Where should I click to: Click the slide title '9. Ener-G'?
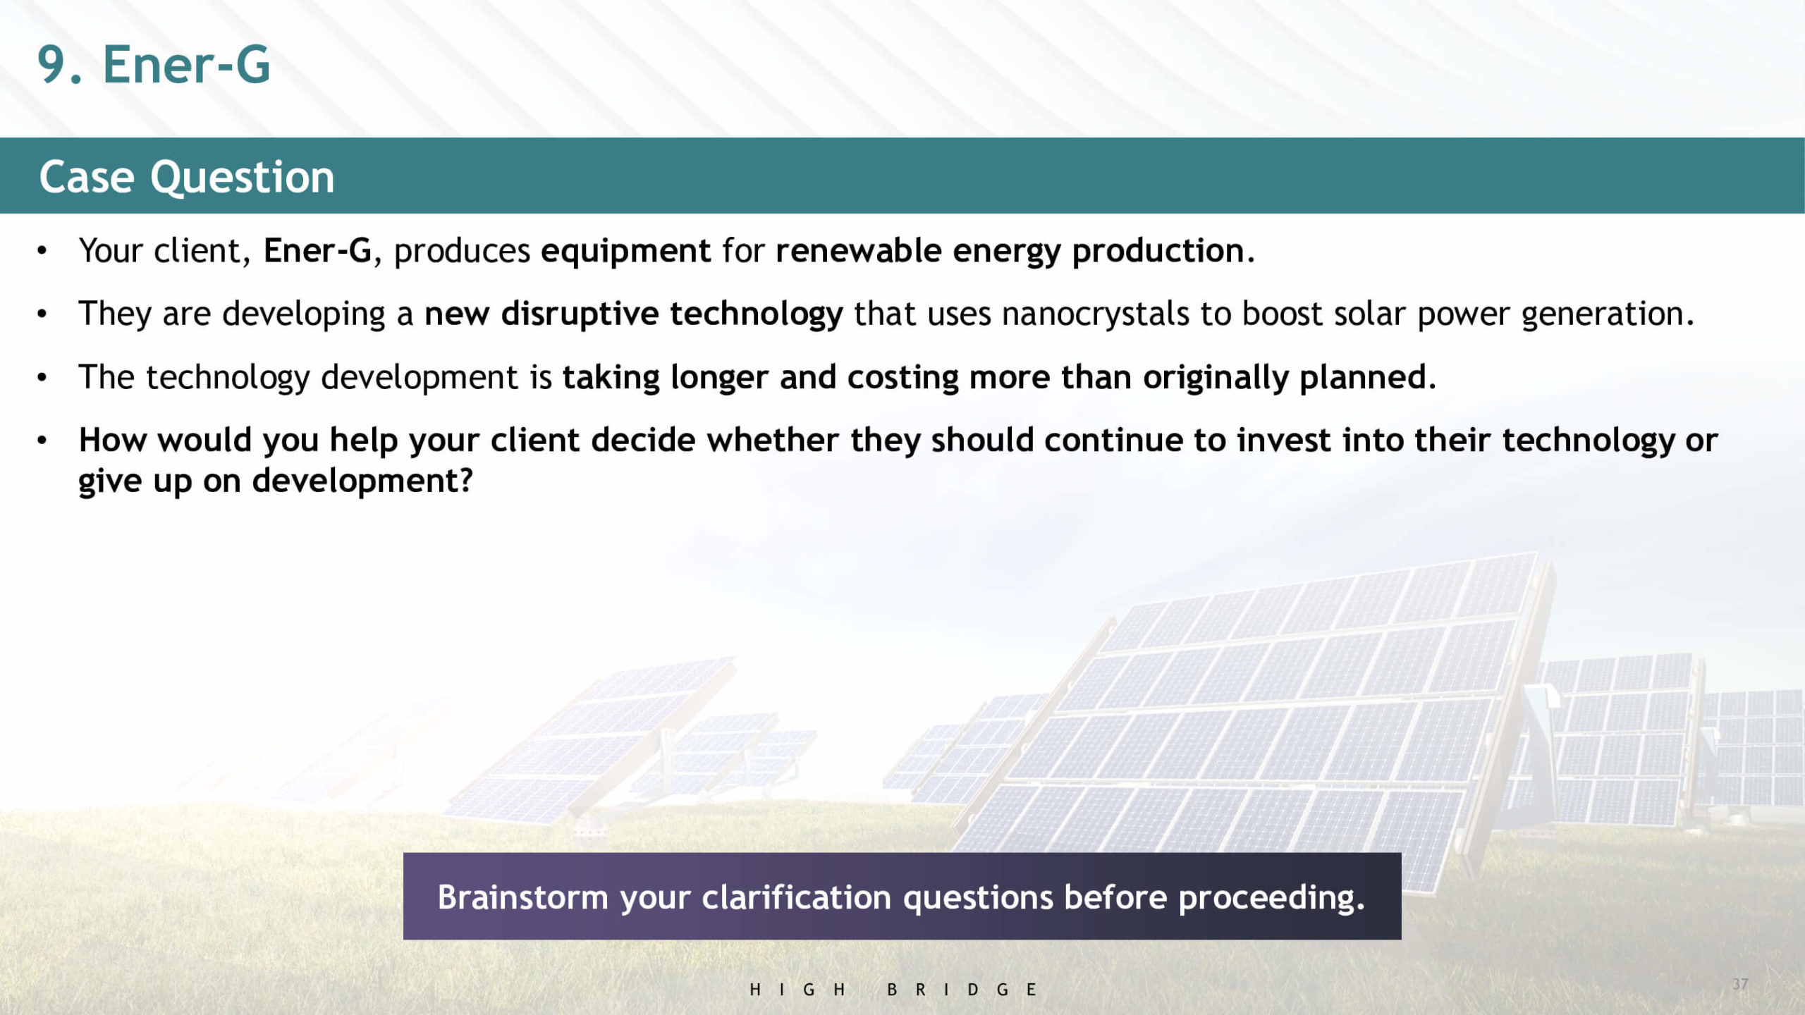pos(154,65)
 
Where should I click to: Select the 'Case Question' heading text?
pos(187,176)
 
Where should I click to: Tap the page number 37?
pos(1740,984)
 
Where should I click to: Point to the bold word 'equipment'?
pos(626,252)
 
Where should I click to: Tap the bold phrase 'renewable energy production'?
pos(1010,252)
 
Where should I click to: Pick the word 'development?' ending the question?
pos(362,482)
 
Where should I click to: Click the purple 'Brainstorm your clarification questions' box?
pos(902,896)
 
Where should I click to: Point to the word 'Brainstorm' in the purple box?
pos(522,897)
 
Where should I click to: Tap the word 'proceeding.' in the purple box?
pos(1272,898)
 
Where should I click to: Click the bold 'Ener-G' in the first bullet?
pos(317,251)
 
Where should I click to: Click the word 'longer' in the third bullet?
pos(719,378)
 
